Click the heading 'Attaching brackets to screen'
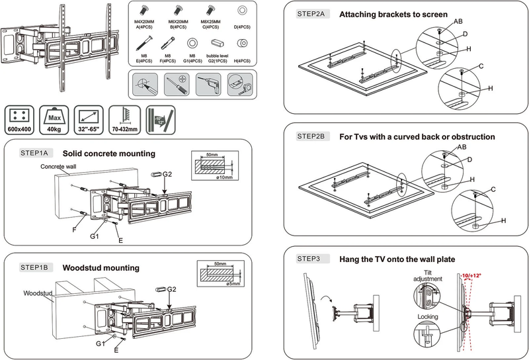coord(393,14)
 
